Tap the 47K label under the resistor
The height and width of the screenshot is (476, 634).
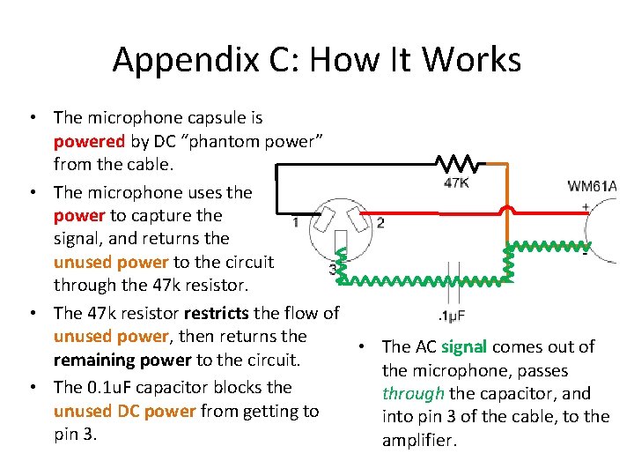click(456, 184)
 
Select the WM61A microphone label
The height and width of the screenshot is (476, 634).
click(592, 186)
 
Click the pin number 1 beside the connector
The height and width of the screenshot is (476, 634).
click(295, 223)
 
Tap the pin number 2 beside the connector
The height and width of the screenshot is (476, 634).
click(380, 223)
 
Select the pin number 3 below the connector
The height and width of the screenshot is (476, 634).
click(332, 268)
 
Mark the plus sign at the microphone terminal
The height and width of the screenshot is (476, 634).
click(585, 207)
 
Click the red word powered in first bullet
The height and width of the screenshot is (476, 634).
click(89, 141)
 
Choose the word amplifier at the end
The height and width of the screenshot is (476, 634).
click(419, 440)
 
